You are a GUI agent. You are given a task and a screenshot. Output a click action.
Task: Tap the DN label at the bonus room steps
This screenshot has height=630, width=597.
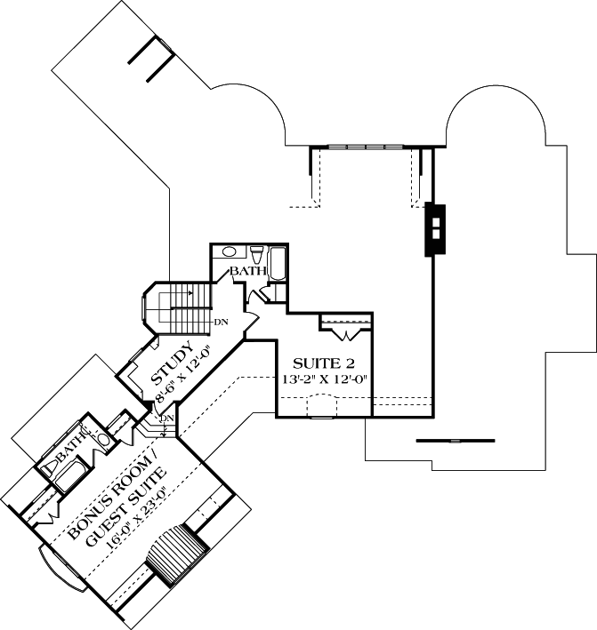165,418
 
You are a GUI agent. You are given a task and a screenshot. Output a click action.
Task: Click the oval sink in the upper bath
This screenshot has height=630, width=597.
228,251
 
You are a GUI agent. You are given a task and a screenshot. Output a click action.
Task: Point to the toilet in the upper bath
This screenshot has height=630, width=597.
255,252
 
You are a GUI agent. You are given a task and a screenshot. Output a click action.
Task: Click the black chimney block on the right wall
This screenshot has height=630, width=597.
436,229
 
